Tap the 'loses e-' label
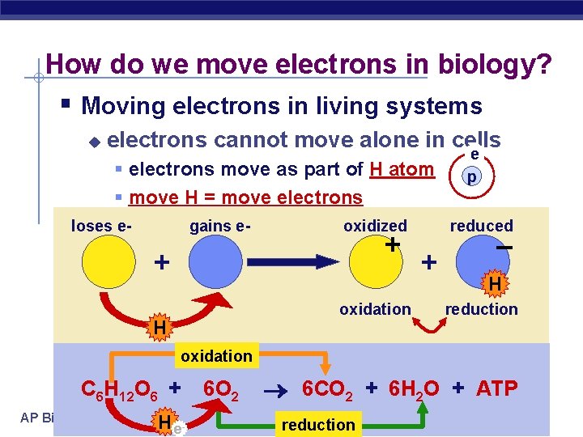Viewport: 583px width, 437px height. (x=102, y=226)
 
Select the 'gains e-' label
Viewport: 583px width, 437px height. (x=220, y=226)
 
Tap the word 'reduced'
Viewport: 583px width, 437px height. (x=482, y=226)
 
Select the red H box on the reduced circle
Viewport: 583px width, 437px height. (x=494, y=283)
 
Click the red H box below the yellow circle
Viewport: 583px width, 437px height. (x=160, y=327)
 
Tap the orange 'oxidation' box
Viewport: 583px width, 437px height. (x=216, y=356)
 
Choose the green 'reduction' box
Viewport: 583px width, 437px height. (x=318, y=425)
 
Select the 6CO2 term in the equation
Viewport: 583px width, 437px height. (x=328, y=389)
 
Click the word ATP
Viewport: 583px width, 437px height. (x=496, y=388)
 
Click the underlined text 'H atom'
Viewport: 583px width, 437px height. (x=402, y=169)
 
